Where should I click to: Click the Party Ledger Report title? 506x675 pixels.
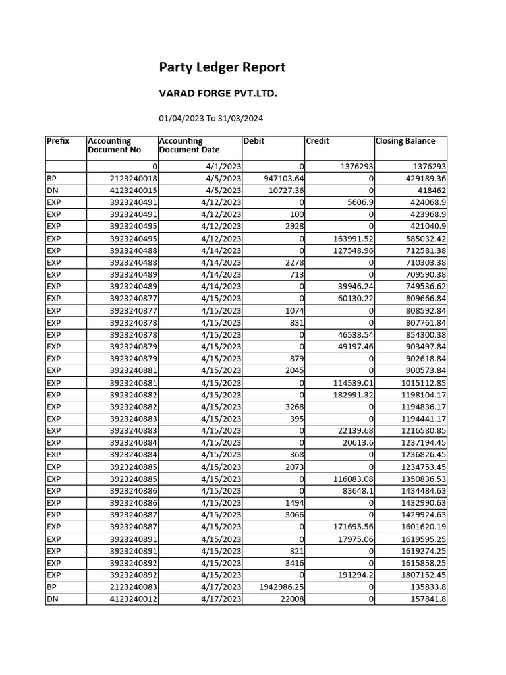[x=222, y=67]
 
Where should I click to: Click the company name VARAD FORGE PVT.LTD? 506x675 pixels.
[x=218, y=94]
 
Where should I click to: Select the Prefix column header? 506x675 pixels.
[x=58, y=141]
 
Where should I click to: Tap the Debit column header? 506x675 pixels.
[x=254, y=141]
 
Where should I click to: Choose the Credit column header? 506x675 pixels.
[x=318, y=141]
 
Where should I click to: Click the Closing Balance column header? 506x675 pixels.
[x=405, y=141]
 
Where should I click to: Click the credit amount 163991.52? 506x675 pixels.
[x=350, y=239]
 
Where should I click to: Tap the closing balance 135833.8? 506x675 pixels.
[x=425, y=587]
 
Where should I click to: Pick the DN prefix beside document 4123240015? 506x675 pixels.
[x=52, y=191]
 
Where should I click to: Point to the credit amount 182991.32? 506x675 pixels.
[x=350, y=394]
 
